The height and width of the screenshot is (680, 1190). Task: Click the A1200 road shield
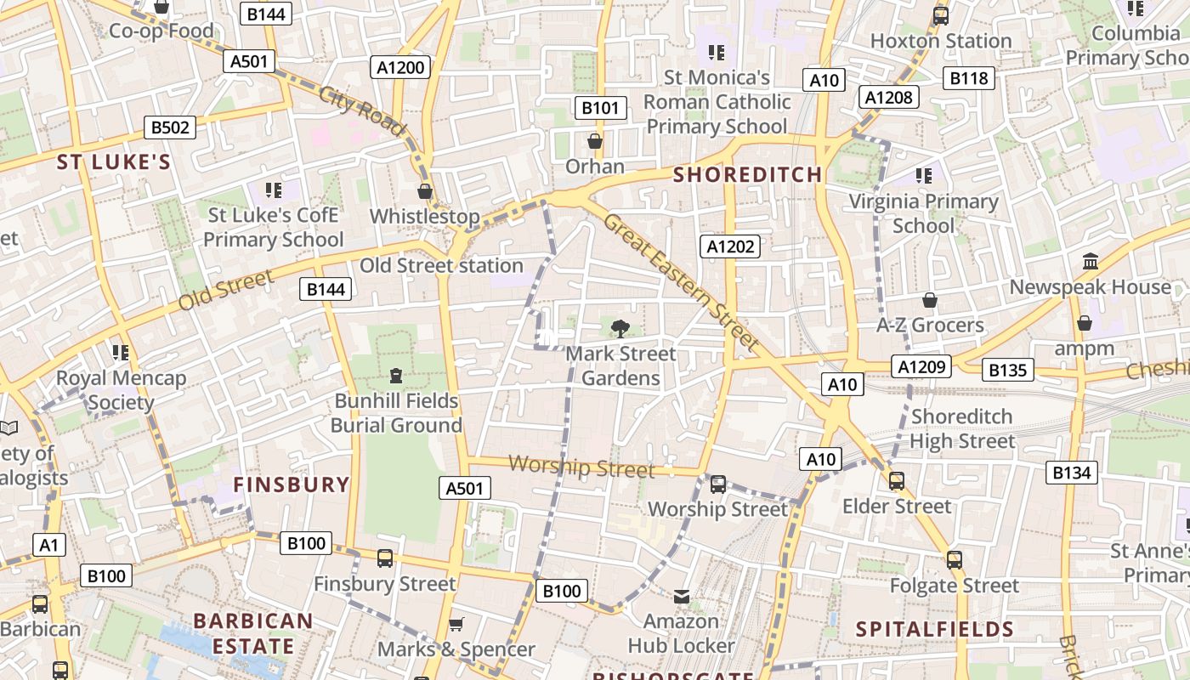(x=400, y=67)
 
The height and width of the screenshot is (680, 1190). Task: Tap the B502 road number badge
(x=169, y=127)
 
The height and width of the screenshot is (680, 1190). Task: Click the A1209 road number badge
(x=921, y=366)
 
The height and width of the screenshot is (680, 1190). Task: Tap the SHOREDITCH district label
(x=748, y=175)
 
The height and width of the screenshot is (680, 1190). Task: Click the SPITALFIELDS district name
(x=934, y=630)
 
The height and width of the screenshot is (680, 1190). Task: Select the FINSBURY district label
(x=292, y=485)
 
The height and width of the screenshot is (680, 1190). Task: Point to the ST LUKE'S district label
(x=114, y=162)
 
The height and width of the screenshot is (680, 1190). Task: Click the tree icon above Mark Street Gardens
(x=620, y=328)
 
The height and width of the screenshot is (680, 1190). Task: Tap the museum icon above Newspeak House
(x=1091, y=262)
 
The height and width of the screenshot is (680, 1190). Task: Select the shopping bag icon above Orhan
(x=595, y=140)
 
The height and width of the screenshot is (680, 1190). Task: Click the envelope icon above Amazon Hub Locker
(x=682, y=597)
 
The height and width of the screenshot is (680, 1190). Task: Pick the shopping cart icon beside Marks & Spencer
(x=456, y=625)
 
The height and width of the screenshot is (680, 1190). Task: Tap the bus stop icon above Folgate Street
(x=955, y=560)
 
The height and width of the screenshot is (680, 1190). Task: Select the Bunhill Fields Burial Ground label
(x=396, y=413)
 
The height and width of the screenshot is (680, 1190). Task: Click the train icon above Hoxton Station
(x=941, y=15)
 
